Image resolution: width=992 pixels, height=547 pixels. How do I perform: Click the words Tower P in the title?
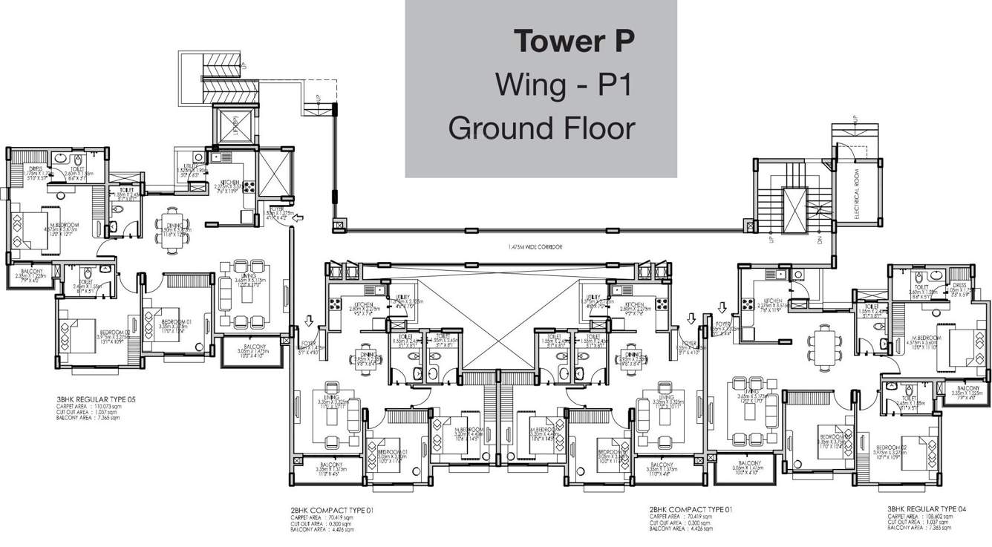[575, 42]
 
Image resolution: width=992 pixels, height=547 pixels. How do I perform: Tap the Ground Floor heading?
[542, 128]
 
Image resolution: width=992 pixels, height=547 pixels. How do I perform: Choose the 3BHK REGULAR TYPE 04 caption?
[929, 509]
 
